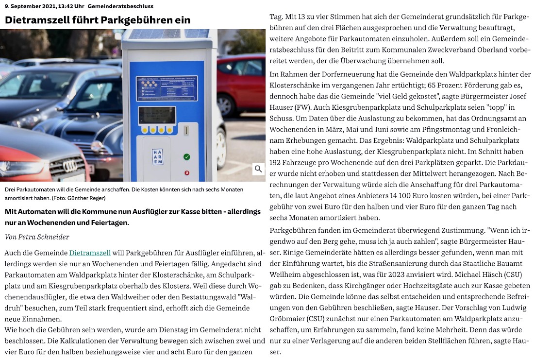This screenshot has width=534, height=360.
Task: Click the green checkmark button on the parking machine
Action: coord(187,157)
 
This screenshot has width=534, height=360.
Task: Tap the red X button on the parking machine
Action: coord(187,172)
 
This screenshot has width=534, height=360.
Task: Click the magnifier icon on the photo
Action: coord(258,169)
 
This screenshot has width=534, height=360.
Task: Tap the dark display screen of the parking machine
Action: coord(156,115)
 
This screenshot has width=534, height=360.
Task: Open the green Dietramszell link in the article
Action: coord(90,253)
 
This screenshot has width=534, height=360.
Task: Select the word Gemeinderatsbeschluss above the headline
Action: coord(114,6)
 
